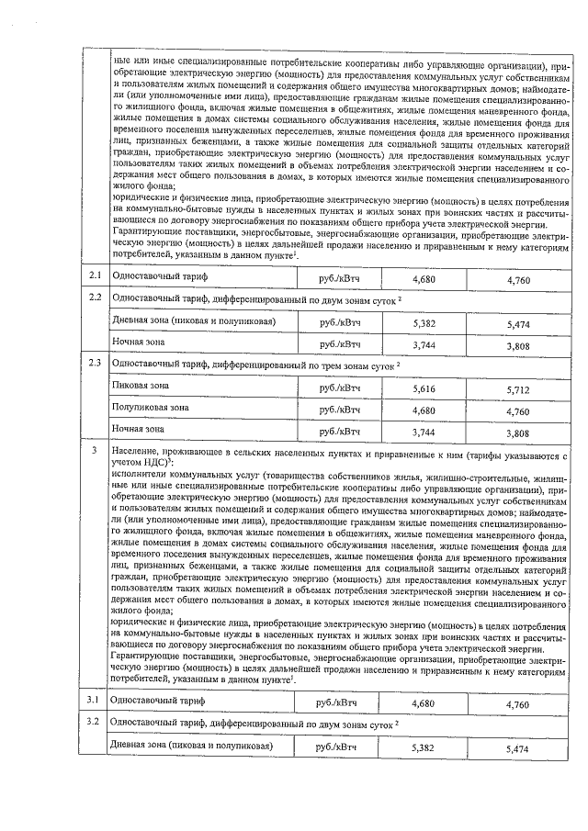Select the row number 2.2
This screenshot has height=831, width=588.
pos(94,298)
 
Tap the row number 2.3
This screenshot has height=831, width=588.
pos(94,362)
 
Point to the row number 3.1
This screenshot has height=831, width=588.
pos(94,702)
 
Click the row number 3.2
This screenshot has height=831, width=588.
pos(94,723)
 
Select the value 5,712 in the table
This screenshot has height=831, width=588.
pos(518,389)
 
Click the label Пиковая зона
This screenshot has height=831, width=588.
pos(140,387)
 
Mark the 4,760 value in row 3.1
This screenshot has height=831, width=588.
pos(518,704)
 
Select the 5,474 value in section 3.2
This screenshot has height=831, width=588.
pos(518,750)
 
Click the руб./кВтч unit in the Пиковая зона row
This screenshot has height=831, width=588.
pos(338,387)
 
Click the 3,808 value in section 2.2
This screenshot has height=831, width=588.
pos(518,347)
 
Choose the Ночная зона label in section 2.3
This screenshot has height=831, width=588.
pos(138,428)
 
